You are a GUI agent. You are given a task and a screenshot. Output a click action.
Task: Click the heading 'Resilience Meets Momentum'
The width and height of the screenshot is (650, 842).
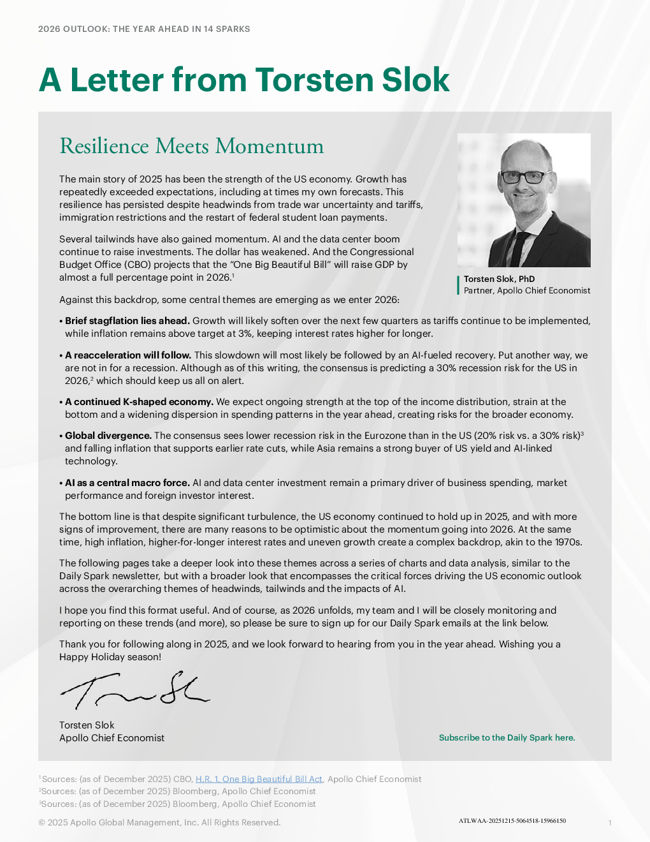click(x=191, y=146)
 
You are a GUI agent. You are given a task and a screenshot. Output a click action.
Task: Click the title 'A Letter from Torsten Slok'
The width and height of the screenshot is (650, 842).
click(x=244, y=80)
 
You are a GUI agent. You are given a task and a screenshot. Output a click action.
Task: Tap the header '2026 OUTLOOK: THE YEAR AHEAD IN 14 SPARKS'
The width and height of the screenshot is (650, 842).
click(x=144, y=29)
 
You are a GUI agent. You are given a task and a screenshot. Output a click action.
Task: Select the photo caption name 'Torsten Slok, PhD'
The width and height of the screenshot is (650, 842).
click(x=499, y=279)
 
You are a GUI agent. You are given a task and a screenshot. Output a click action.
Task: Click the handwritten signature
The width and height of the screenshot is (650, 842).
click(x=134, y=691)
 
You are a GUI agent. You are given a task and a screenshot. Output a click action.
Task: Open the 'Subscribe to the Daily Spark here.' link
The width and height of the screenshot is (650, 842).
click(x=507, y=737)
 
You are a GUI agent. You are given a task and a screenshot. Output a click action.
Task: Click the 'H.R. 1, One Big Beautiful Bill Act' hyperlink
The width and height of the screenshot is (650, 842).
click(x=259, y=779)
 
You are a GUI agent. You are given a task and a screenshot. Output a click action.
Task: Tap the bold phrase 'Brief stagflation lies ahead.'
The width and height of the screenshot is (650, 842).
click(x=127, y=321)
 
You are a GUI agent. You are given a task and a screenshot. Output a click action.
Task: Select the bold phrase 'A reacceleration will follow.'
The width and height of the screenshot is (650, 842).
click(x=128, y=355)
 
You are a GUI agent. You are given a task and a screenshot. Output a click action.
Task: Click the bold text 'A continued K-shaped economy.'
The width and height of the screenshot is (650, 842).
click(x=139, y=402)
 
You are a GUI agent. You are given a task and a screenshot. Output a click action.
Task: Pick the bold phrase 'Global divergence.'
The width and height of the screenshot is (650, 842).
click(x=108, y=436)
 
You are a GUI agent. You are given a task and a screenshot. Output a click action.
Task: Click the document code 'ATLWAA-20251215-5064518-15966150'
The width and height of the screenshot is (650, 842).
click(x=512, y=821)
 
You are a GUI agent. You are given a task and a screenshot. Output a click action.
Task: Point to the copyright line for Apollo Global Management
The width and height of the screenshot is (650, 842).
click(x=159, y=822)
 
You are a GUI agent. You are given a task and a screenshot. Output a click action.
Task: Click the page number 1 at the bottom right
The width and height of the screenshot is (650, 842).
click(x=610, y=823)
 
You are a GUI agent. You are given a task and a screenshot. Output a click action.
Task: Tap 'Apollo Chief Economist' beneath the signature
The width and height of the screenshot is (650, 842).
click(x=112, y=738)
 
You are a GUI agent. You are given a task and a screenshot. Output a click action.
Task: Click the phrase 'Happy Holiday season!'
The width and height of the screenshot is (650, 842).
click(x=110, y=657)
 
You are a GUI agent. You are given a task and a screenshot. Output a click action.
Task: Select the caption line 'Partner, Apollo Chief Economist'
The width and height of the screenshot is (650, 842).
click(x=527, y=290)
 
